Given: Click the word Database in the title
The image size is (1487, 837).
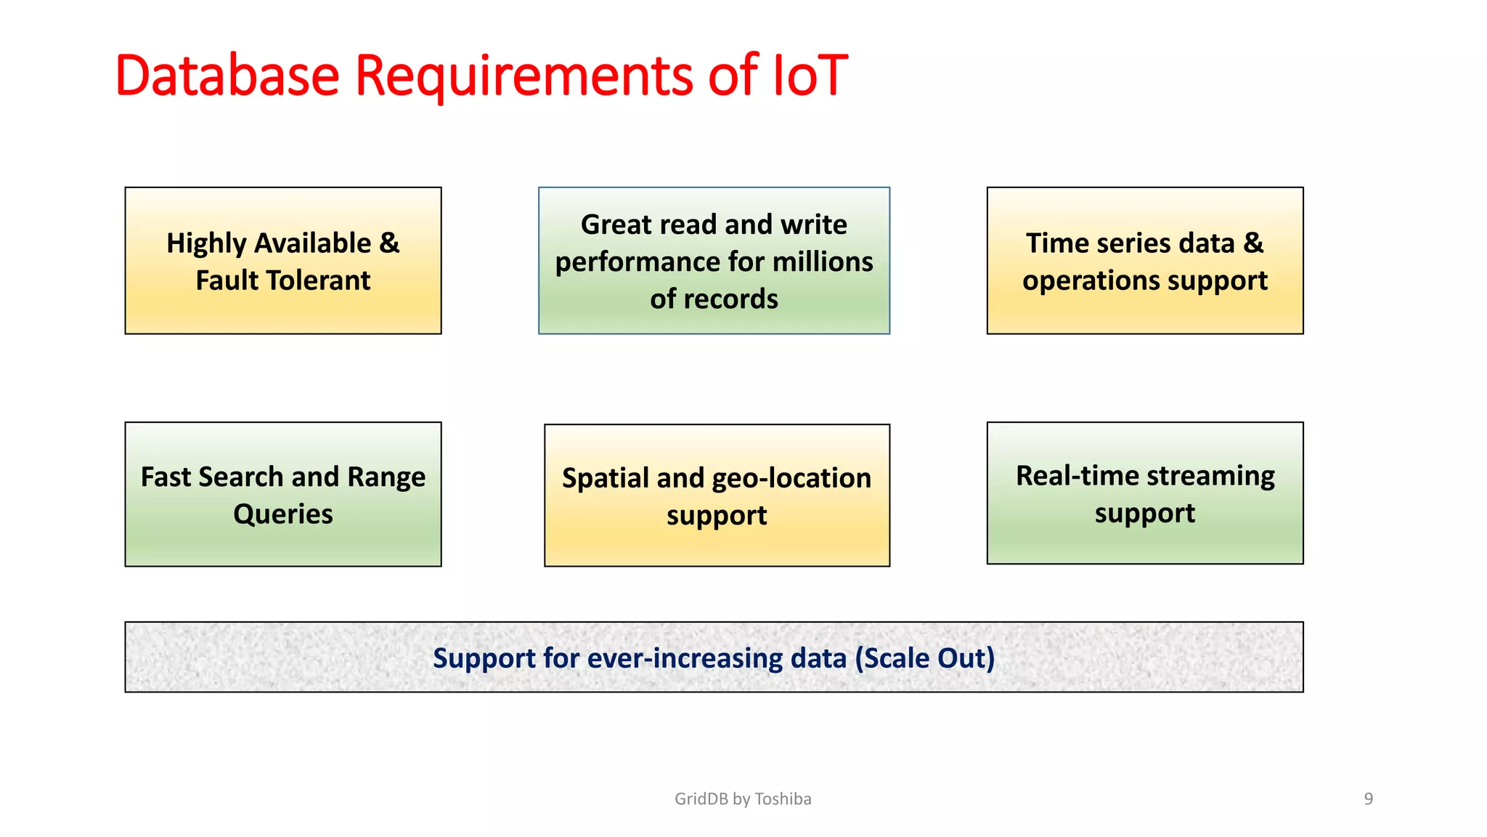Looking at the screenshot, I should tap(227, 76).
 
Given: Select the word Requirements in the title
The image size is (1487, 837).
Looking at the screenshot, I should tap(523, 76).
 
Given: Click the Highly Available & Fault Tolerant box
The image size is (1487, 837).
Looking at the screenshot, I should tap(282, 261).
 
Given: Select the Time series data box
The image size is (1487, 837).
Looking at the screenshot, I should tap(1144, 261).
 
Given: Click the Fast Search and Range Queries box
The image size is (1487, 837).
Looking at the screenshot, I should tap(282, 494).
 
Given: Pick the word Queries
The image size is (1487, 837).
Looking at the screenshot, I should tap(282, 514).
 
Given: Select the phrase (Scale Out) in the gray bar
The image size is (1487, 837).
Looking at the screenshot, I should tap(924, 658).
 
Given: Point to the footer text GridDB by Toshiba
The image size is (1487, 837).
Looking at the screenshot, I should tap(743, 799).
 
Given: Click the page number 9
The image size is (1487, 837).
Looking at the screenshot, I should tap(1368, 799).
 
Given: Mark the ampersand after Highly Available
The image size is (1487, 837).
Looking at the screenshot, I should tap(389, 243).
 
